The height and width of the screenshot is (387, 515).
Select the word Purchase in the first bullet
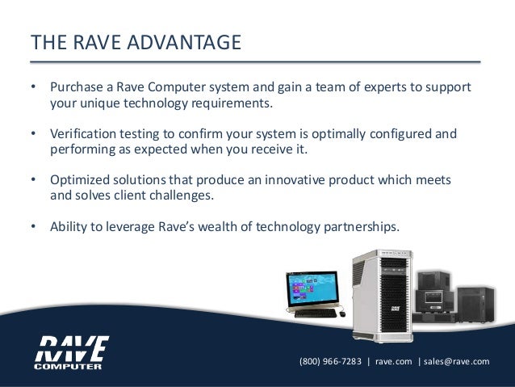[76, 87]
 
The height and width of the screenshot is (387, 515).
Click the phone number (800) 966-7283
[330, 361]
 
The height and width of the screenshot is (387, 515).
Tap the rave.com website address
[394, 361]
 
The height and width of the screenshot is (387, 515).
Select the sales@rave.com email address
[457, 361]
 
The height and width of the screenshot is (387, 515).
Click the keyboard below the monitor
[314, 313]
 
